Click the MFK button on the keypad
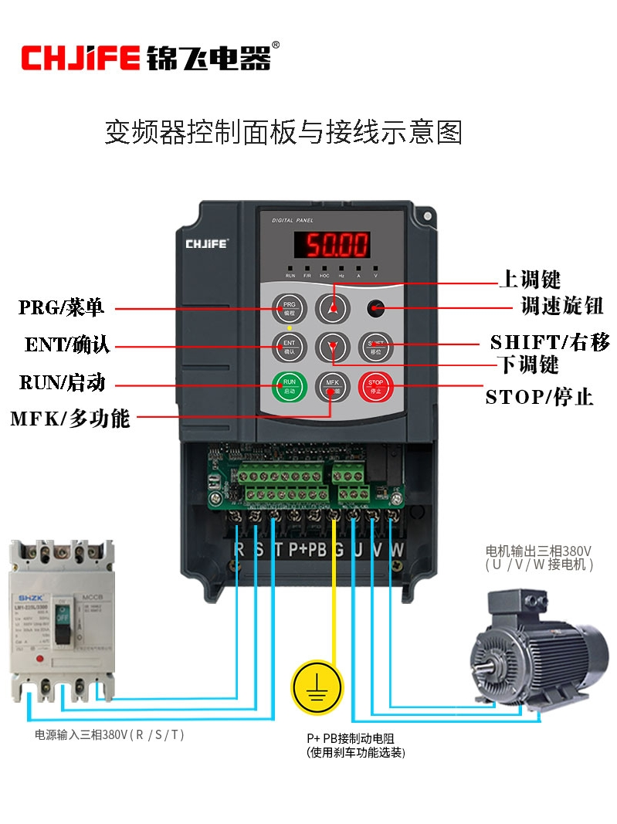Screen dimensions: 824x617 (x=332, y=385)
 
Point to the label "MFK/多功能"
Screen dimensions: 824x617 (x=69, y=419)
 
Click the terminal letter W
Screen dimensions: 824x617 (x=397, y=550)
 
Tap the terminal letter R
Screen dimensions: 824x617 (x=239, y=550)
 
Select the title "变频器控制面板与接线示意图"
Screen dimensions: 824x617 (x=283, y=133)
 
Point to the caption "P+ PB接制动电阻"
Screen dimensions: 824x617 (x=355, y=738)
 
